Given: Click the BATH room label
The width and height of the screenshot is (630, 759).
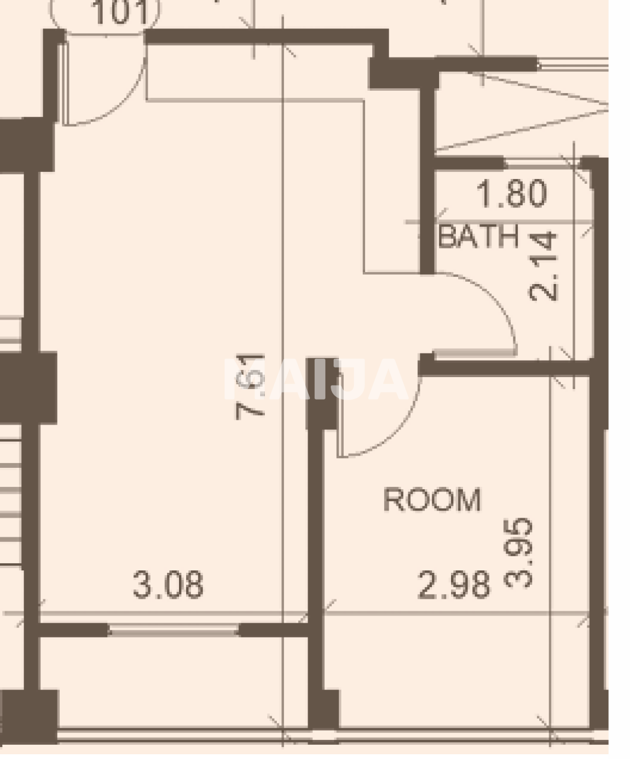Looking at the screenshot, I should pyautogui.click(x=479, y=237).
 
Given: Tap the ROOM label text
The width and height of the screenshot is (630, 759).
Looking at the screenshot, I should pyautogui.click(x=431, y=500).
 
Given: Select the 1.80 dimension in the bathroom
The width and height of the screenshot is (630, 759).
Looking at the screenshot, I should pyautogui.click(x=511, y=194).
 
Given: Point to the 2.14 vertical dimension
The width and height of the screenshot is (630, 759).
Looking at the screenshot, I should pyautogui.click(x=544, y=266).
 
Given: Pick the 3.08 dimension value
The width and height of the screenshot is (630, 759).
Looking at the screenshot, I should pyautogui.click(x=168, y=585).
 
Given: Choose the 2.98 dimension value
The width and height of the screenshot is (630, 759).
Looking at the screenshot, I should pyautogui.click(x=455, y=585).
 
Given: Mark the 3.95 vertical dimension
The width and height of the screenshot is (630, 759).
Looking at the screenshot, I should pyautogui.click(x=519, y=553).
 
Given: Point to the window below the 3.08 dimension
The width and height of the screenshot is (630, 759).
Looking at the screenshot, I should pyautogui.click(x=173, y=630).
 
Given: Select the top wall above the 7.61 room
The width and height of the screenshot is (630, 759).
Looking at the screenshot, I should pyautogui.click(x=261, y=36).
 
